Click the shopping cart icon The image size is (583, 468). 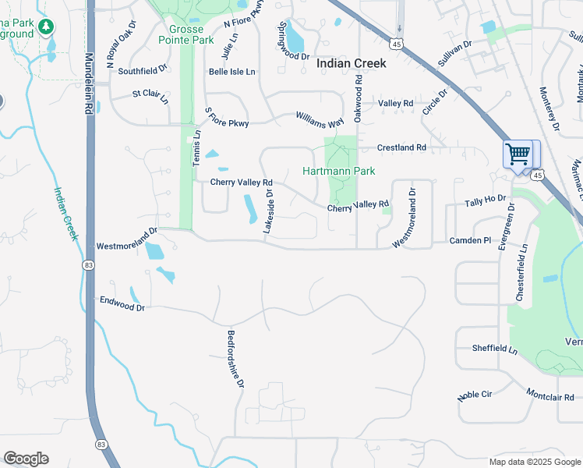[518, 153]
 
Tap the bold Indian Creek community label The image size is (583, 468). [351, 63]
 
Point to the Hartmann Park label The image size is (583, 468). [339, 171]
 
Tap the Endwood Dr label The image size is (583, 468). [122, 303]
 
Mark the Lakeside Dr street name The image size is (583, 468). [269, 211]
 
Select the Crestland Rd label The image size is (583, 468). [401, 147]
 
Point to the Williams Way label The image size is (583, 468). [320, 119]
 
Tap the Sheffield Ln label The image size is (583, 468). [495, 349]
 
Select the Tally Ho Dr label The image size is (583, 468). [486, 201]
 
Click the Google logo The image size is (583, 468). [26, 459]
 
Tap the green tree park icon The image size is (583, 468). [46, 28]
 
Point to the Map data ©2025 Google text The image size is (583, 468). [534, 462]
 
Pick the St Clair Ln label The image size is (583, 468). [150, 96]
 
